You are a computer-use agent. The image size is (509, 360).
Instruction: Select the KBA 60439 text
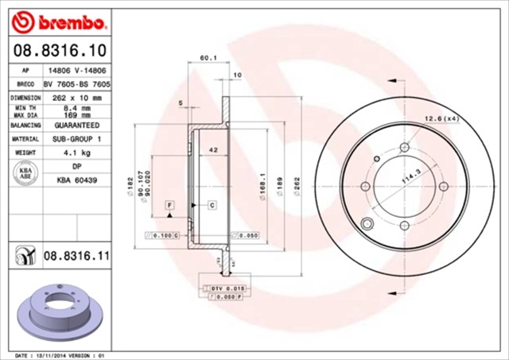click(x=76, y=180)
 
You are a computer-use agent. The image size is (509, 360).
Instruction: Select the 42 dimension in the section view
click(x=213, y=150)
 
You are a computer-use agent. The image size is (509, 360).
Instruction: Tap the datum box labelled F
click(x=170, y=206)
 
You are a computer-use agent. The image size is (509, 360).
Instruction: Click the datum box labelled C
click(x=212, y=206)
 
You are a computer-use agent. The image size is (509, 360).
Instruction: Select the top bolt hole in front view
click(x=405, y=147)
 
